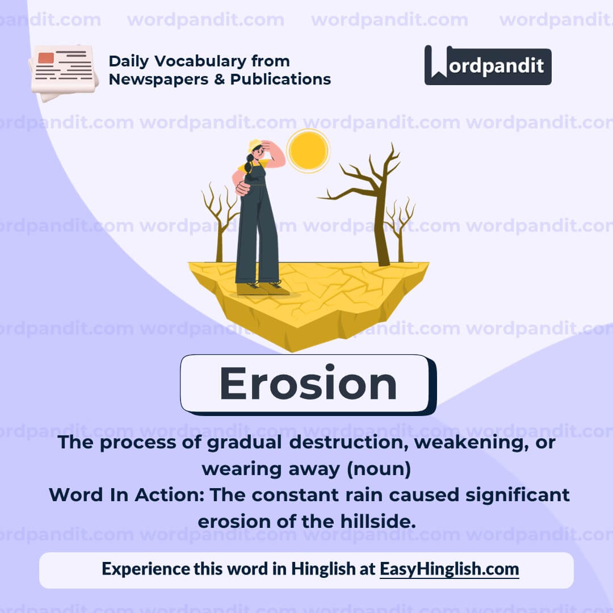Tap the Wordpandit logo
pos(488,65)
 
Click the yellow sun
pos(308,150)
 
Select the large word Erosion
pos(308,384)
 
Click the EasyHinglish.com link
pos(449,569)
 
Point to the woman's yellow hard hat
pos(254,146)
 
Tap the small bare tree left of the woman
pos(220,221)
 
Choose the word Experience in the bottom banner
pos(145,569)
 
